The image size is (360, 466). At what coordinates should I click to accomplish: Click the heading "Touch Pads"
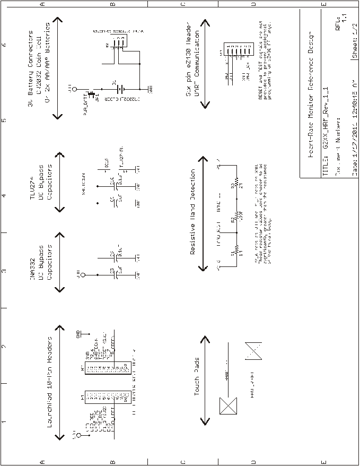pos(197,379)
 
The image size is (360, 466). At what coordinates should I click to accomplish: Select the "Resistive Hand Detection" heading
pos(193,212)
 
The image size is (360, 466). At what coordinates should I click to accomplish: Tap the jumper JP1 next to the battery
pos(91,96)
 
